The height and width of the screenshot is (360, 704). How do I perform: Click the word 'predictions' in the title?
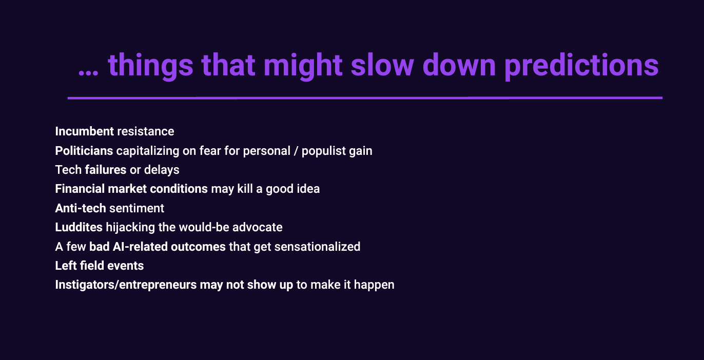581,67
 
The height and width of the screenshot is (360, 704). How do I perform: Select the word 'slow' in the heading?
382,65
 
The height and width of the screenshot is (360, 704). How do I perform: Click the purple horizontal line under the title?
365,98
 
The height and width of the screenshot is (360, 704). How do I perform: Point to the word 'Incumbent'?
84,131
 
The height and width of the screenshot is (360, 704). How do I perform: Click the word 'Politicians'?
84,151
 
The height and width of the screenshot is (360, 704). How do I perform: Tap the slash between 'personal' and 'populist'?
296,151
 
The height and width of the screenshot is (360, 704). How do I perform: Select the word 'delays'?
162,170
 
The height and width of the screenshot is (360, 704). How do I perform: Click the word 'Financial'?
80,189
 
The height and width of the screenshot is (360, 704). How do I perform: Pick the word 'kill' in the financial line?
245,189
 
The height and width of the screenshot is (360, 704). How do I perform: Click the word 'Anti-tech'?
81,208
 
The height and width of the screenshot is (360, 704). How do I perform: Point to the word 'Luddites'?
79,227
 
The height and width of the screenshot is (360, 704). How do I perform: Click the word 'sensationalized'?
317,247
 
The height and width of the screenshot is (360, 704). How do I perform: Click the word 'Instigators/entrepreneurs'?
126,285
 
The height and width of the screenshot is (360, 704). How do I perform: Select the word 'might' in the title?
303,67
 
